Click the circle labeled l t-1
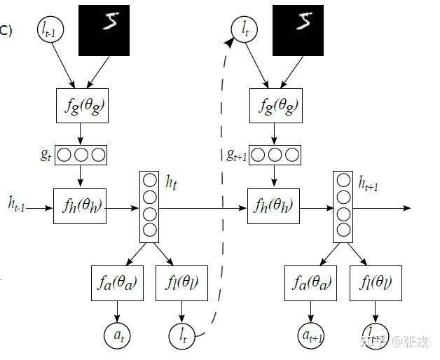point(51,30)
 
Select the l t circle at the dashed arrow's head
point(244,30)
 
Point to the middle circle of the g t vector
point(81,154)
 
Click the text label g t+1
point(236,155)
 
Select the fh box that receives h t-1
point(80,207)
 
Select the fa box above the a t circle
point(118,284)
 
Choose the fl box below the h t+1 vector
point(376,284)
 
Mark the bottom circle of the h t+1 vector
point(343,230)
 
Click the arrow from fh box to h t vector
point(123,208)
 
